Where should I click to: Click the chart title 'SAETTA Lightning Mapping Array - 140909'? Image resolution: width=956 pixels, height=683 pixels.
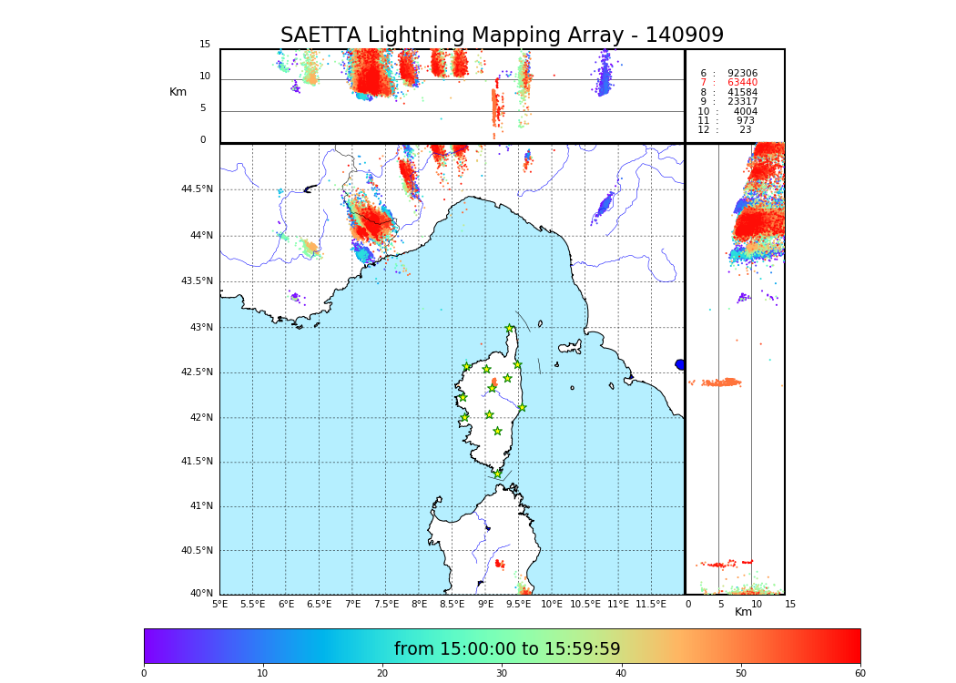[502, 36]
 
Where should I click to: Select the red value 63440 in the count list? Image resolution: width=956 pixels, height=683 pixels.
[741, 83]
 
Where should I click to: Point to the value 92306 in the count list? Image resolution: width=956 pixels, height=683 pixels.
[741, 73]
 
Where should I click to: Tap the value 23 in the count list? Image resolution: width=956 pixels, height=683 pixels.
[745, 130]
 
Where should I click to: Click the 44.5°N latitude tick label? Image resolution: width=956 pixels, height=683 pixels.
[197, 189]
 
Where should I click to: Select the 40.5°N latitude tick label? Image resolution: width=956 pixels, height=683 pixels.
[197, 551]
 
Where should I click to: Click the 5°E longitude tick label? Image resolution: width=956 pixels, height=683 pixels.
[220, 604]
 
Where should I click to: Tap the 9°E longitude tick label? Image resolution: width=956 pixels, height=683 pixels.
[485, 604]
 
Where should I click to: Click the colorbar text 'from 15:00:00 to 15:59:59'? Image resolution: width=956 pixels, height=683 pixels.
[507, 649]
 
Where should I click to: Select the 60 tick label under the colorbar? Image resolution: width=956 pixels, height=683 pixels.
[859, 674]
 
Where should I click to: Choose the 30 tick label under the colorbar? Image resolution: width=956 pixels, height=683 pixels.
[502, 674]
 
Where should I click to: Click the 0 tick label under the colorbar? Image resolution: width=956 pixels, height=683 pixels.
[144, 674]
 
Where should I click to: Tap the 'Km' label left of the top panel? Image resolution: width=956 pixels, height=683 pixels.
[178, 92]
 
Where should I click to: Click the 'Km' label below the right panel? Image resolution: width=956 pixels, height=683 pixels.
[743, 612]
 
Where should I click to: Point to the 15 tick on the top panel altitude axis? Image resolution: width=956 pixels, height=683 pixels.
[205, 45]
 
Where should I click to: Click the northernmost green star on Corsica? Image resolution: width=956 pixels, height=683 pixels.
[510, 329]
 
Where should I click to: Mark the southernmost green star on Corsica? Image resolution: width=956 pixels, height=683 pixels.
[498, 474]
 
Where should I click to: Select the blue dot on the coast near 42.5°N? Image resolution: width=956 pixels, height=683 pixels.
[680, 364]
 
